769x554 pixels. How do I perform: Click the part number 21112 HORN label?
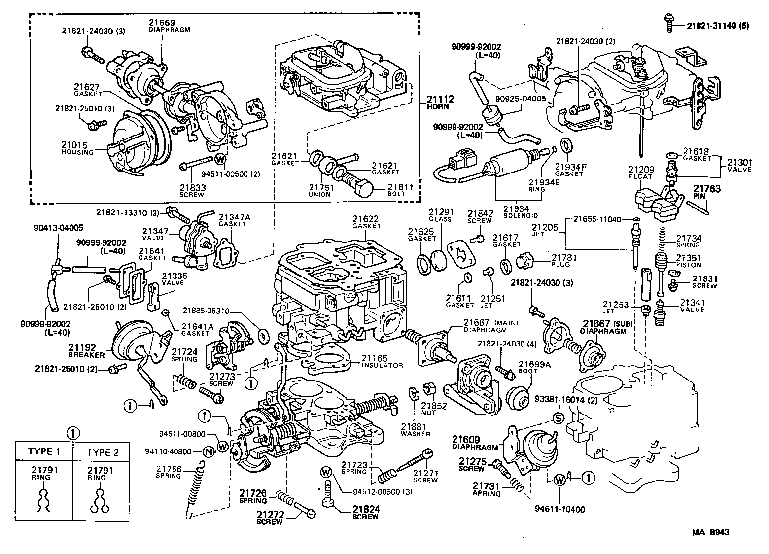click(x=441, y=103)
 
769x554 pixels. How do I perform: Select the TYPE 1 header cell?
click(x=44, y=451)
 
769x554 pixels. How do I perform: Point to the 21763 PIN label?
click(x=707, y=192)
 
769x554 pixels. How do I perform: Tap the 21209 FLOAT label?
click(x=640, y=173)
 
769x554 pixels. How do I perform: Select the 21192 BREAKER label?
click(x=86, y=350)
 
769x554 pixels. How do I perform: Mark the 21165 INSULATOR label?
click(x=382, y=361)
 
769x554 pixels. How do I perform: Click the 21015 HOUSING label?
click(x=77, y=148)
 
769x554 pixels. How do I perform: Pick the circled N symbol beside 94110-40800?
click(x=209, y=451)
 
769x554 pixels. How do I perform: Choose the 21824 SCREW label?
click(x=365, y=513)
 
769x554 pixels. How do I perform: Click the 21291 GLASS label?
click(x=440, y=215)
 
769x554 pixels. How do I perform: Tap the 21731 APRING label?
click(x=487, y=489)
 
